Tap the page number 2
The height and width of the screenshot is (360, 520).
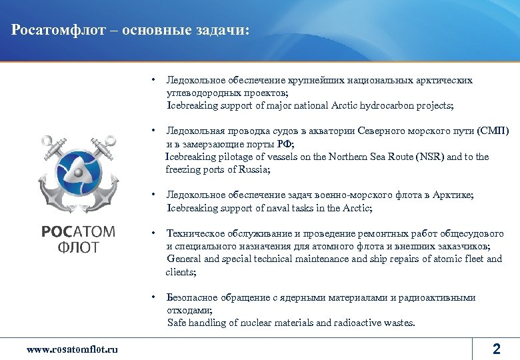pos(495,348)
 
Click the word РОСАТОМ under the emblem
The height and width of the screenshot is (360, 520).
pos(78,232)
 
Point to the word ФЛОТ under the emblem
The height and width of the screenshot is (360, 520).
pos(78,248)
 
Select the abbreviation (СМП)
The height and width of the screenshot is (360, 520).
pos(493,131)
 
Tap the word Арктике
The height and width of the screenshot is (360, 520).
pos(453,195)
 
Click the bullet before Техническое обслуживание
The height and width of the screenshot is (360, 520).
pos(153,233)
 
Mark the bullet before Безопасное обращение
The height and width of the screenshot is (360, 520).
pos(153,297)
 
